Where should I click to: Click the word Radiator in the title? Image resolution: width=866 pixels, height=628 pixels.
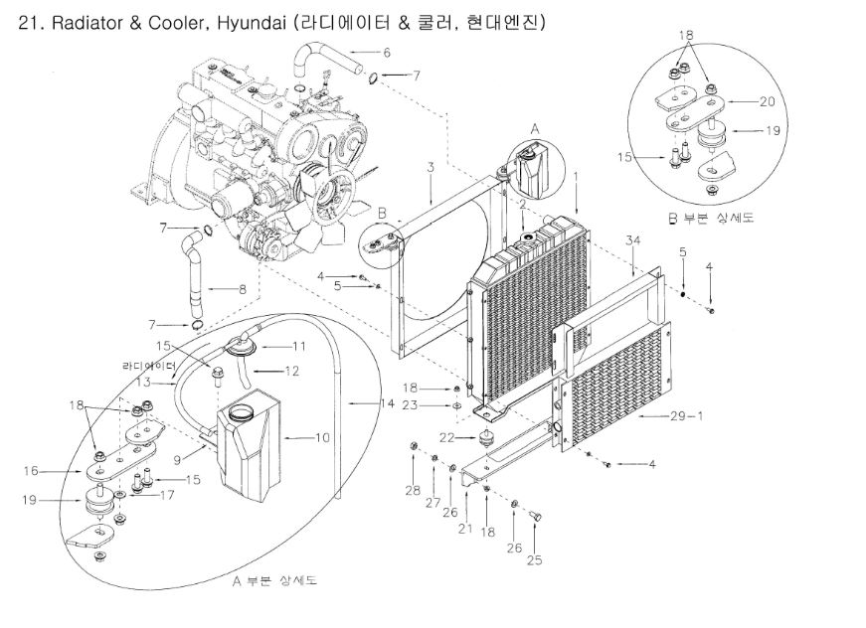coord(87,24)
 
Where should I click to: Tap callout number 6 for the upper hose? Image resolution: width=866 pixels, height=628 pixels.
coord(387,53)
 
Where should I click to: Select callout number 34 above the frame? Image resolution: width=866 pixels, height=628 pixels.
coord(633,240)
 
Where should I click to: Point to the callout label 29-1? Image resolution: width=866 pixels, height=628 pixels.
coord(686,415)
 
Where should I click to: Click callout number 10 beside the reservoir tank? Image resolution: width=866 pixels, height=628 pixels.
coord(322,437)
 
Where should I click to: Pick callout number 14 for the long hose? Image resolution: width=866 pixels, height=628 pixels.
coord(388,403)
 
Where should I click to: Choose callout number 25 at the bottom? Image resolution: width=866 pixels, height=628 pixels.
coord(534,559)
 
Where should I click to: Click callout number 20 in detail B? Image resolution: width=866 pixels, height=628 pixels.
coord(768,101)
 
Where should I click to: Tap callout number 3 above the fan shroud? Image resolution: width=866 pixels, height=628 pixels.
coord(431,167)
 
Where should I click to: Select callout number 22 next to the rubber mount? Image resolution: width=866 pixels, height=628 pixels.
coord(446,437)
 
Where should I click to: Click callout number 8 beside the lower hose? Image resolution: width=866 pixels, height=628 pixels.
coord(242,288)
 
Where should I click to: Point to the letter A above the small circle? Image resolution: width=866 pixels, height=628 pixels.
coord(535,129)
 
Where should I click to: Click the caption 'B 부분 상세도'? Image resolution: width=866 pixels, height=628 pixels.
coord(710,218)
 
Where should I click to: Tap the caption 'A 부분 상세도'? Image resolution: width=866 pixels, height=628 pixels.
coord(274,580)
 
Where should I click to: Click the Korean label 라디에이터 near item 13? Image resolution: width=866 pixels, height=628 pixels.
coord(149,366)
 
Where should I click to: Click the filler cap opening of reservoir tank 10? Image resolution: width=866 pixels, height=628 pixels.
coord(240,411)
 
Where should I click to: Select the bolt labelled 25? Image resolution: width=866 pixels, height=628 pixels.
coord(536,517)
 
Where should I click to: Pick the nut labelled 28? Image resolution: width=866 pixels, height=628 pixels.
coord(413,445)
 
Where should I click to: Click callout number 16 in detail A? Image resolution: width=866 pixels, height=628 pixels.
coord(31,471)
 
